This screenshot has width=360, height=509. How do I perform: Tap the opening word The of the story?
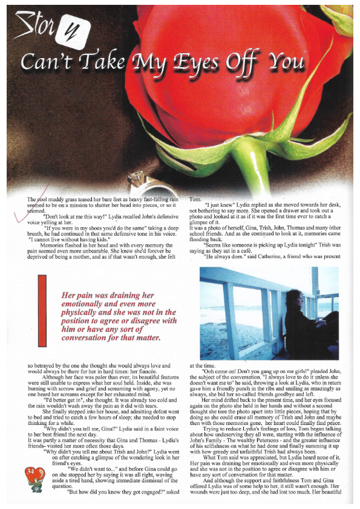point(32,199)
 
